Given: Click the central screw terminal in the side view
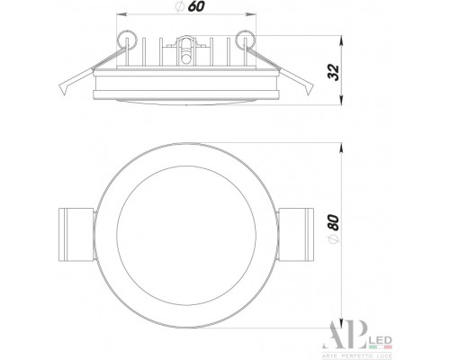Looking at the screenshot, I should pos(186,47).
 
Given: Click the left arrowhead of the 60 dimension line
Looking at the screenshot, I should pos(122,17).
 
